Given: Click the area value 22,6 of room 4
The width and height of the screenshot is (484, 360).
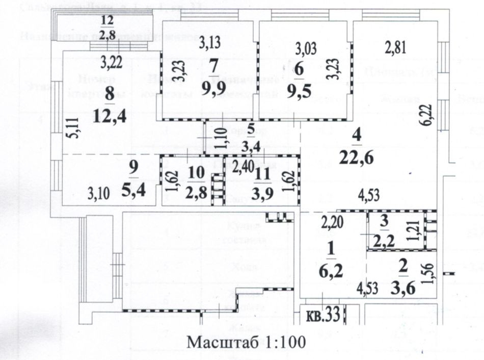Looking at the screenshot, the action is [x=359, y=158].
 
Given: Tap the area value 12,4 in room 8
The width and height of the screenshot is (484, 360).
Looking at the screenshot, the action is [x=110, y=117].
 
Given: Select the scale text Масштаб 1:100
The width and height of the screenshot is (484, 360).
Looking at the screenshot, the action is [x=246, y=342].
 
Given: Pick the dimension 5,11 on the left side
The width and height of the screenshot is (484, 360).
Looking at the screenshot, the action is [x=74, y=128].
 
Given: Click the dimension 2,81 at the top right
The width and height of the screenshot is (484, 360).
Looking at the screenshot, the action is [x=395, y=49].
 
